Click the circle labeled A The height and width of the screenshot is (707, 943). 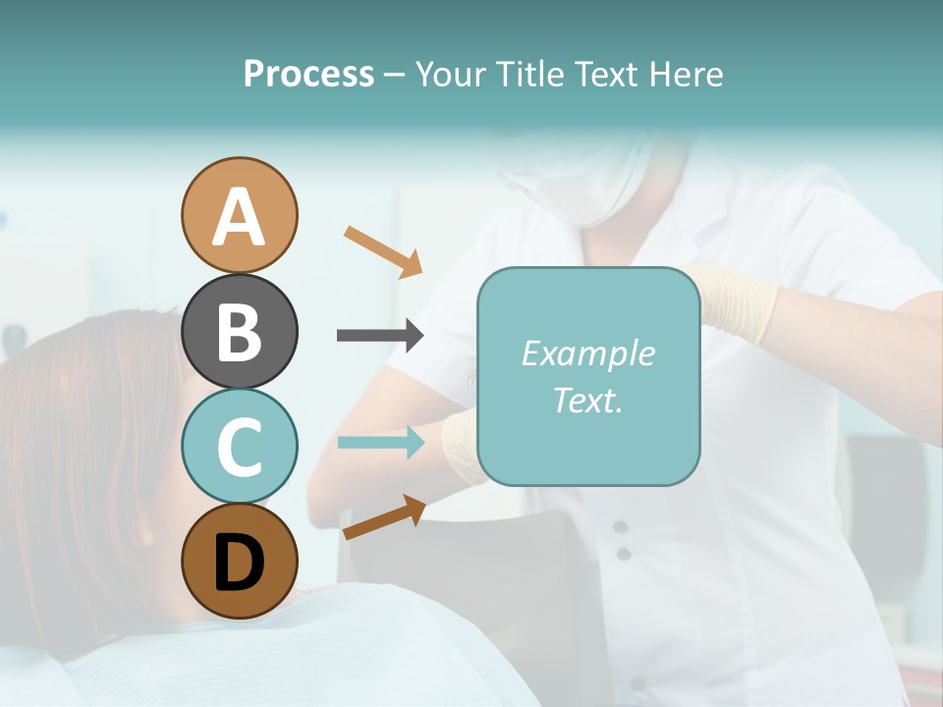pyautogui.click(x=239, y=215)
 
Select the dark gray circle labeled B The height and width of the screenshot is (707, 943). pyautogui.click(x=239, y=331)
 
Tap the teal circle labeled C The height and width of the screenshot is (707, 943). pyautogui.click(x=239, y=446)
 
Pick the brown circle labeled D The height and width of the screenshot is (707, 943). pyautogui.click(x=239, y=561)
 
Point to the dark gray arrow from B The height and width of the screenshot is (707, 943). pyautogui.click(x=380, y=336)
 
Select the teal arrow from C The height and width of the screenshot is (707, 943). pyautogui.click(x=380, y=442)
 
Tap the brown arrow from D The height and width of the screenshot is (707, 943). pyautogui.click(x=384, y=517)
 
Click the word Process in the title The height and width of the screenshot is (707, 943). pyautogui.click(x=308, y=74)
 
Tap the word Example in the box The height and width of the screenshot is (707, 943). pyautogui.click(x=587, y=353)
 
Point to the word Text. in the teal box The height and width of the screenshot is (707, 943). pyautogui.click(x=587, y=400)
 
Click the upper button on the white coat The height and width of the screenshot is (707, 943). pyautogui.click(x=621, y=527)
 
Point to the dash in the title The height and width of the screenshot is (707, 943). pyautogui.click(x=395, y=75)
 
